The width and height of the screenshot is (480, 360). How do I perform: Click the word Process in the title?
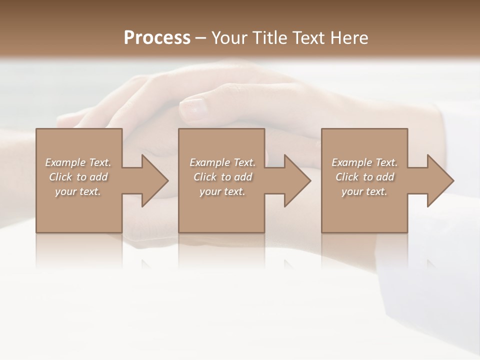(157, 38)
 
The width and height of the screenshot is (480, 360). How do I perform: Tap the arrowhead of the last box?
(439, 180)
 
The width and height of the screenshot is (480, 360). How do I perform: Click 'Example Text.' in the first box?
(78, 162)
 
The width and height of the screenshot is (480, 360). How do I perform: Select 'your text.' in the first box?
(78, 191)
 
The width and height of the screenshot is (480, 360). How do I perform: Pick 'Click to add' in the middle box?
(222, 177)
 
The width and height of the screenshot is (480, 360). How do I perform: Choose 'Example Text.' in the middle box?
(222, 162)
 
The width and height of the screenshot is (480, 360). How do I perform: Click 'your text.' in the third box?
(364, 191)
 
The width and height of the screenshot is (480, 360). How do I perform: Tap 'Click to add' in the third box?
(364, 177)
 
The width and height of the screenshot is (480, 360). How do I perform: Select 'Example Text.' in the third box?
(364, 162)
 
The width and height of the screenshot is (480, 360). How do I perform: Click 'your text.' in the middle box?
(222, 191)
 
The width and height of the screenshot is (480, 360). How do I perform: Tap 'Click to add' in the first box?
(78, 177)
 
